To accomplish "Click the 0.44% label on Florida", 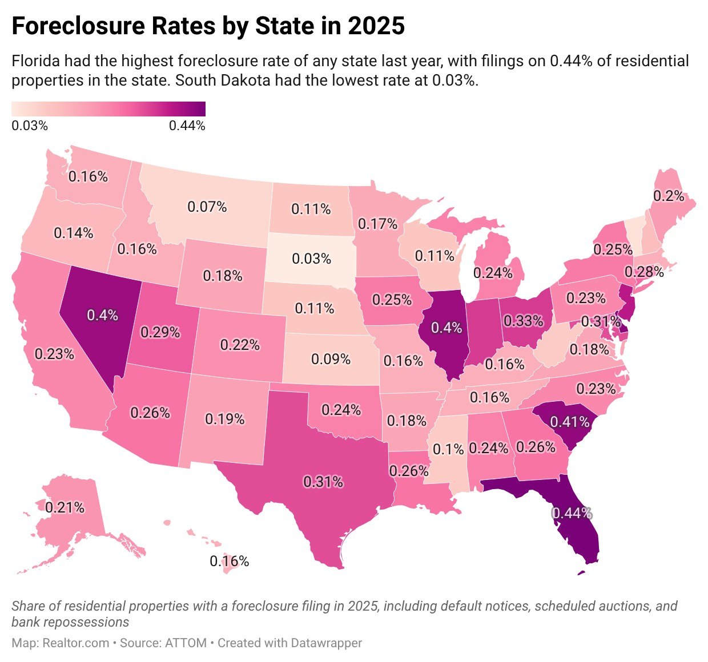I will point(571,513).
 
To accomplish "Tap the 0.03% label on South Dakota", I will point(311,259).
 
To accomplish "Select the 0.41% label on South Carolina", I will point(569,422).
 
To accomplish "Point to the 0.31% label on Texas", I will point(323,482).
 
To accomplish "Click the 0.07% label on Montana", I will point(207,207).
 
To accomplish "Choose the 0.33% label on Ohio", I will point(523,321).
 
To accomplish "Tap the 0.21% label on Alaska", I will point(65,507).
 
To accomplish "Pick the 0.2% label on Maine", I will point(669,196).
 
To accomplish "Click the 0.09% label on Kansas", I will point(331,359).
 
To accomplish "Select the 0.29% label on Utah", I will point(160,332).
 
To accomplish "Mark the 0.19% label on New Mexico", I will point(224,419).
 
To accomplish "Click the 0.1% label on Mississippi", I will point(448,449).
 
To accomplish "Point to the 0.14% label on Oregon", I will point(73,233).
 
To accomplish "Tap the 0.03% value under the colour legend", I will point(30,126).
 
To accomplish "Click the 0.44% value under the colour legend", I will point(187,126).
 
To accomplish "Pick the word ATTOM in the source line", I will point(186,643).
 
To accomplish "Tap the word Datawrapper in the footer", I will point(326,643).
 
